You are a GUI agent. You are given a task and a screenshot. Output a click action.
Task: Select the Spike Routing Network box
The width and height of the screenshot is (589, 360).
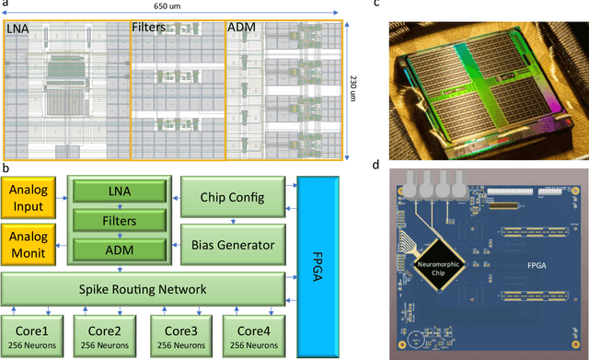145,291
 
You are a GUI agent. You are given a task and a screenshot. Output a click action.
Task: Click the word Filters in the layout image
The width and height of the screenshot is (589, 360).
148,29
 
